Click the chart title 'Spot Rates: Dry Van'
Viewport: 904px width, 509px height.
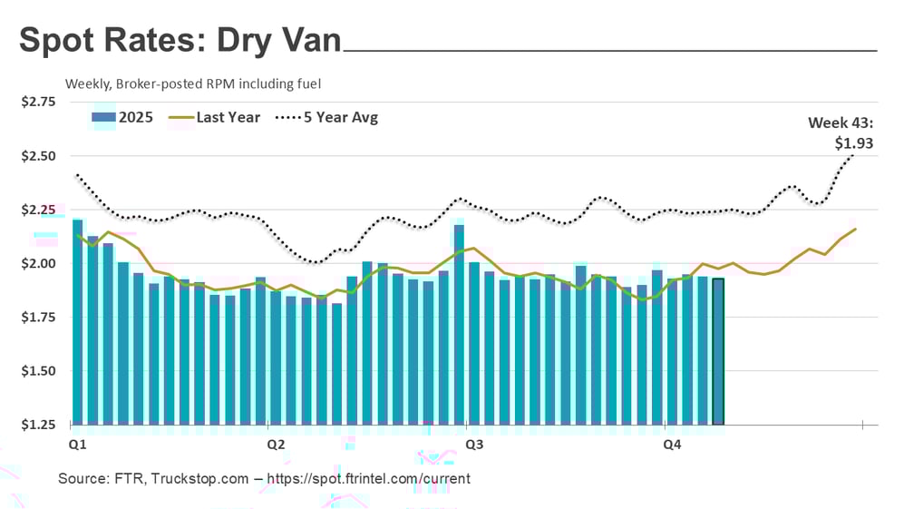coord(180,41)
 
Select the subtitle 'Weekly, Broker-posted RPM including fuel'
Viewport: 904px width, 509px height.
coord(193,83)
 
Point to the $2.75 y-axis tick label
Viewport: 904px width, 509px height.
coord(38,102)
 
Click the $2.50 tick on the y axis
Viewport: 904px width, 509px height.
coord(38,156)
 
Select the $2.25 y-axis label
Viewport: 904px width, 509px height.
coord(38,210)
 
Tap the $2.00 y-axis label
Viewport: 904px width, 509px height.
coord(38,264)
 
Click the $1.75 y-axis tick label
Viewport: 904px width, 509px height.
coord(38,318)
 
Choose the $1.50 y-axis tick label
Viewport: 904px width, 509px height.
coord(38,371)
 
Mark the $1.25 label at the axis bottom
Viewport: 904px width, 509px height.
coord(38,425)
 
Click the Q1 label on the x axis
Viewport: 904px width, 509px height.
coord(78,445)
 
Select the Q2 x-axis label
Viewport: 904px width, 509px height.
coord(276,445)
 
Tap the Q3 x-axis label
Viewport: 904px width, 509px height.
coord(473,445)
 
